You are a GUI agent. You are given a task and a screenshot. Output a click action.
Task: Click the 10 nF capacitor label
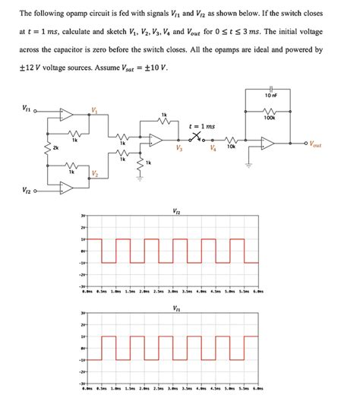pyautogui.click(x=270, y=96)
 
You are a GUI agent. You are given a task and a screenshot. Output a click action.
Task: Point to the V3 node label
pyautogui.click(x=178, y=150)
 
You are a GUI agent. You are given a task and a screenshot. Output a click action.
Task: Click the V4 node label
pyautogui.click(x=215, y=150)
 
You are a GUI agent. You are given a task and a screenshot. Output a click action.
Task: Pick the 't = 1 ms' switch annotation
pyautogui.click(x=202, y=126)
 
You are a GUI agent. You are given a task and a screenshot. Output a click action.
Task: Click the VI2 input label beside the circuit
pyautogui.click(x=27, y=191)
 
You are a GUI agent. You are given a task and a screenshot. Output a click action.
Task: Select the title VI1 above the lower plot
pyautogui.click(x=177, y=308)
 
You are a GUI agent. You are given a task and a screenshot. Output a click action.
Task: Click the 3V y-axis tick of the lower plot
pyautogui.click(x=84, y=313)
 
